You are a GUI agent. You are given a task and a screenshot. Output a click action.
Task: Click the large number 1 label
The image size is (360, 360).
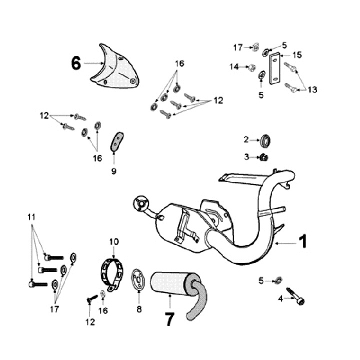(303, 242)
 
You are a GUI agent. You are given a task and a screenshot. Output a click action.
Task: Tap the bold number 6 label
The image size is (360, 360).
(76, 63)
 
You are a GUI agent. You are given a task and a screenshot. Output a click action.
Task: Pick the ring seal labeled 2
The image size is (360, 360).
(267, 140)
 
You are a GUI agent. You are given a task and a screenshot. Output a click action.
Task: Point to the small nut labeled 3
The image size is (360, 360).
(264, 157)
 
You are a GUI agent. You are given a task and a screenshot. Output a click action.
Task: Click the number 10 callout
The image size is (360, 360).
(114, 241)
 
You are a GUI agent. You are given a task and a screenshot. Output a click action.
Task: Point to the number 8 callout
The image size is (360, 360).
(138, 309)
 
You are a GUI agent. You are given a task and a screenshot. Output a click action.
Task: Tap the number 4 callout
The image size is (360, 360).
(280, 298)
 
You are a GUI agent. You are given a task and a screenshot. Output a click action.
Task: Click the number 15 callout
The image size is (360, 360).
(297, 54)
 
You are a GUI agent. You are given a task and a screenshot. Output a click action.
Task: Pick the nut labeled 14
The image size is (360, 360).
(252, 67)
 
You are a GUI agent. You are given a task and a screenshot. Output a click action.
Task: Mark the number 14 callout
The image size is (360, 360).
(234, 66)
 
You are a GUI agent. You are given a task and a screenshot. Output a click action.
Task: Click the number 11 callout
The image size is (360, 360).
(31, 217)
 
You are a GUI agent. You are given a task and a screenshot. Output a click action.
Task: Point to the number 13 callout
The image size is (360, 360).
(312, 89)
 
